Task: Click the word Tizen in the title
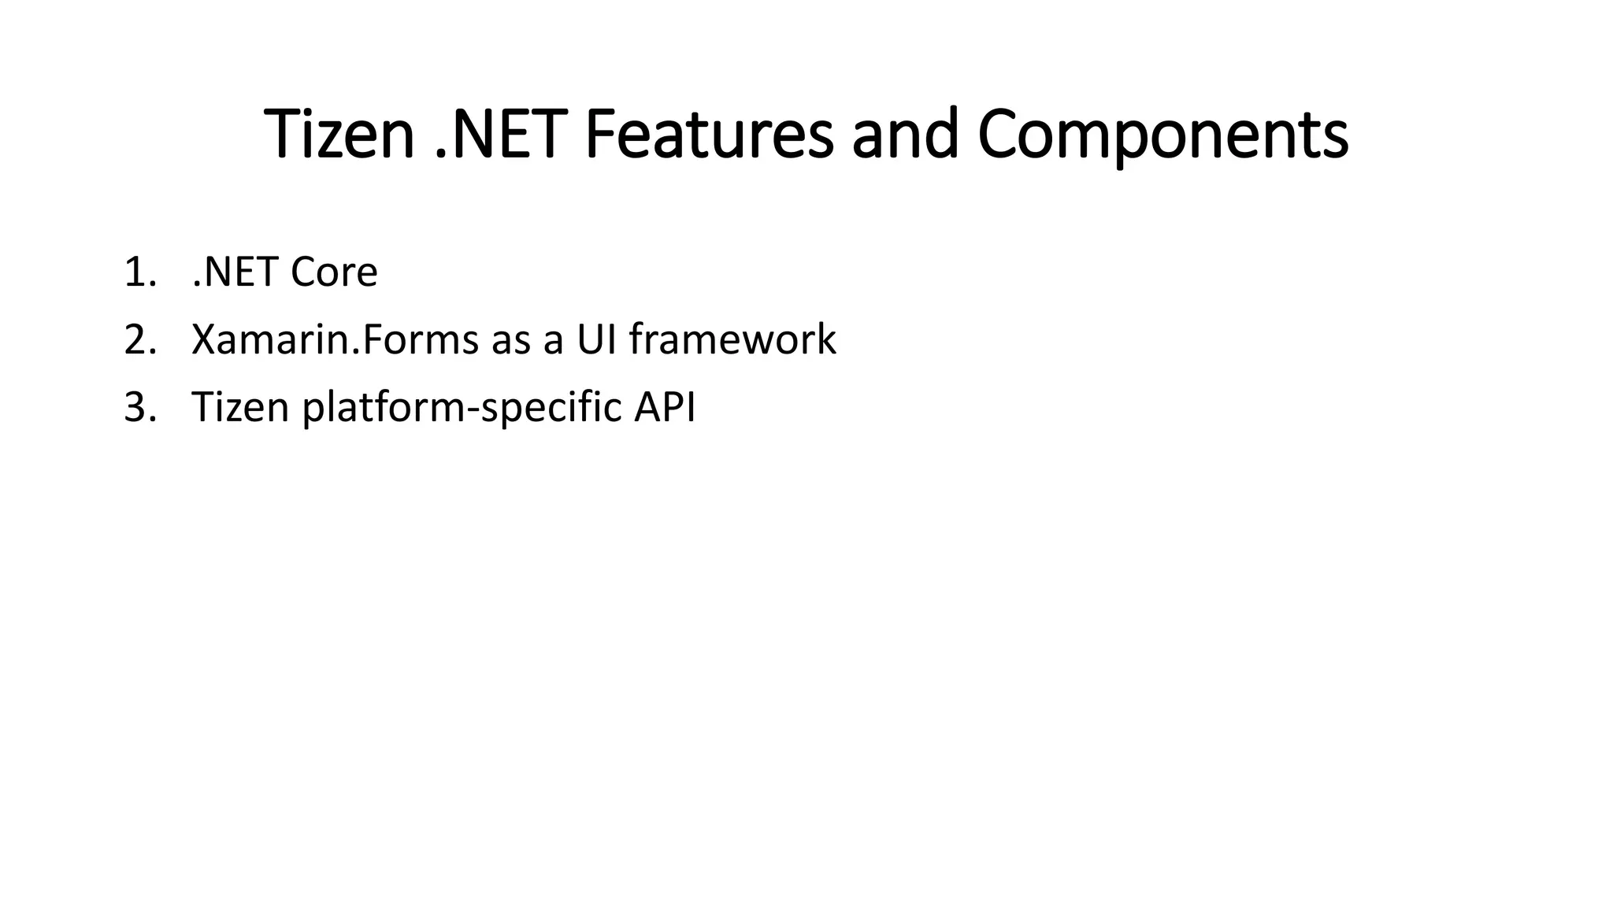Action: point(339,135)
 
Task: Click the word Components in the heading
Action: point(1162,135)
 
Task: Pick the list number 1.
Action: point(140,273)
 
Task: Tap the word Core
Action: point(334,273)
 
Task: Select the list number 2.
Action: point(140,341)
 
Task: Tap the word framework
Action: point(732,341)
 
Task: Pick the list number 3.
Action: point(140,409)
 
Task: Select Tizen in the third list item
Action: point(240,409)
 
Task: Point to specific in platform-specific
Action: point(551,409)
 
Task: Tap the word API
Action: point(665,409)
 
